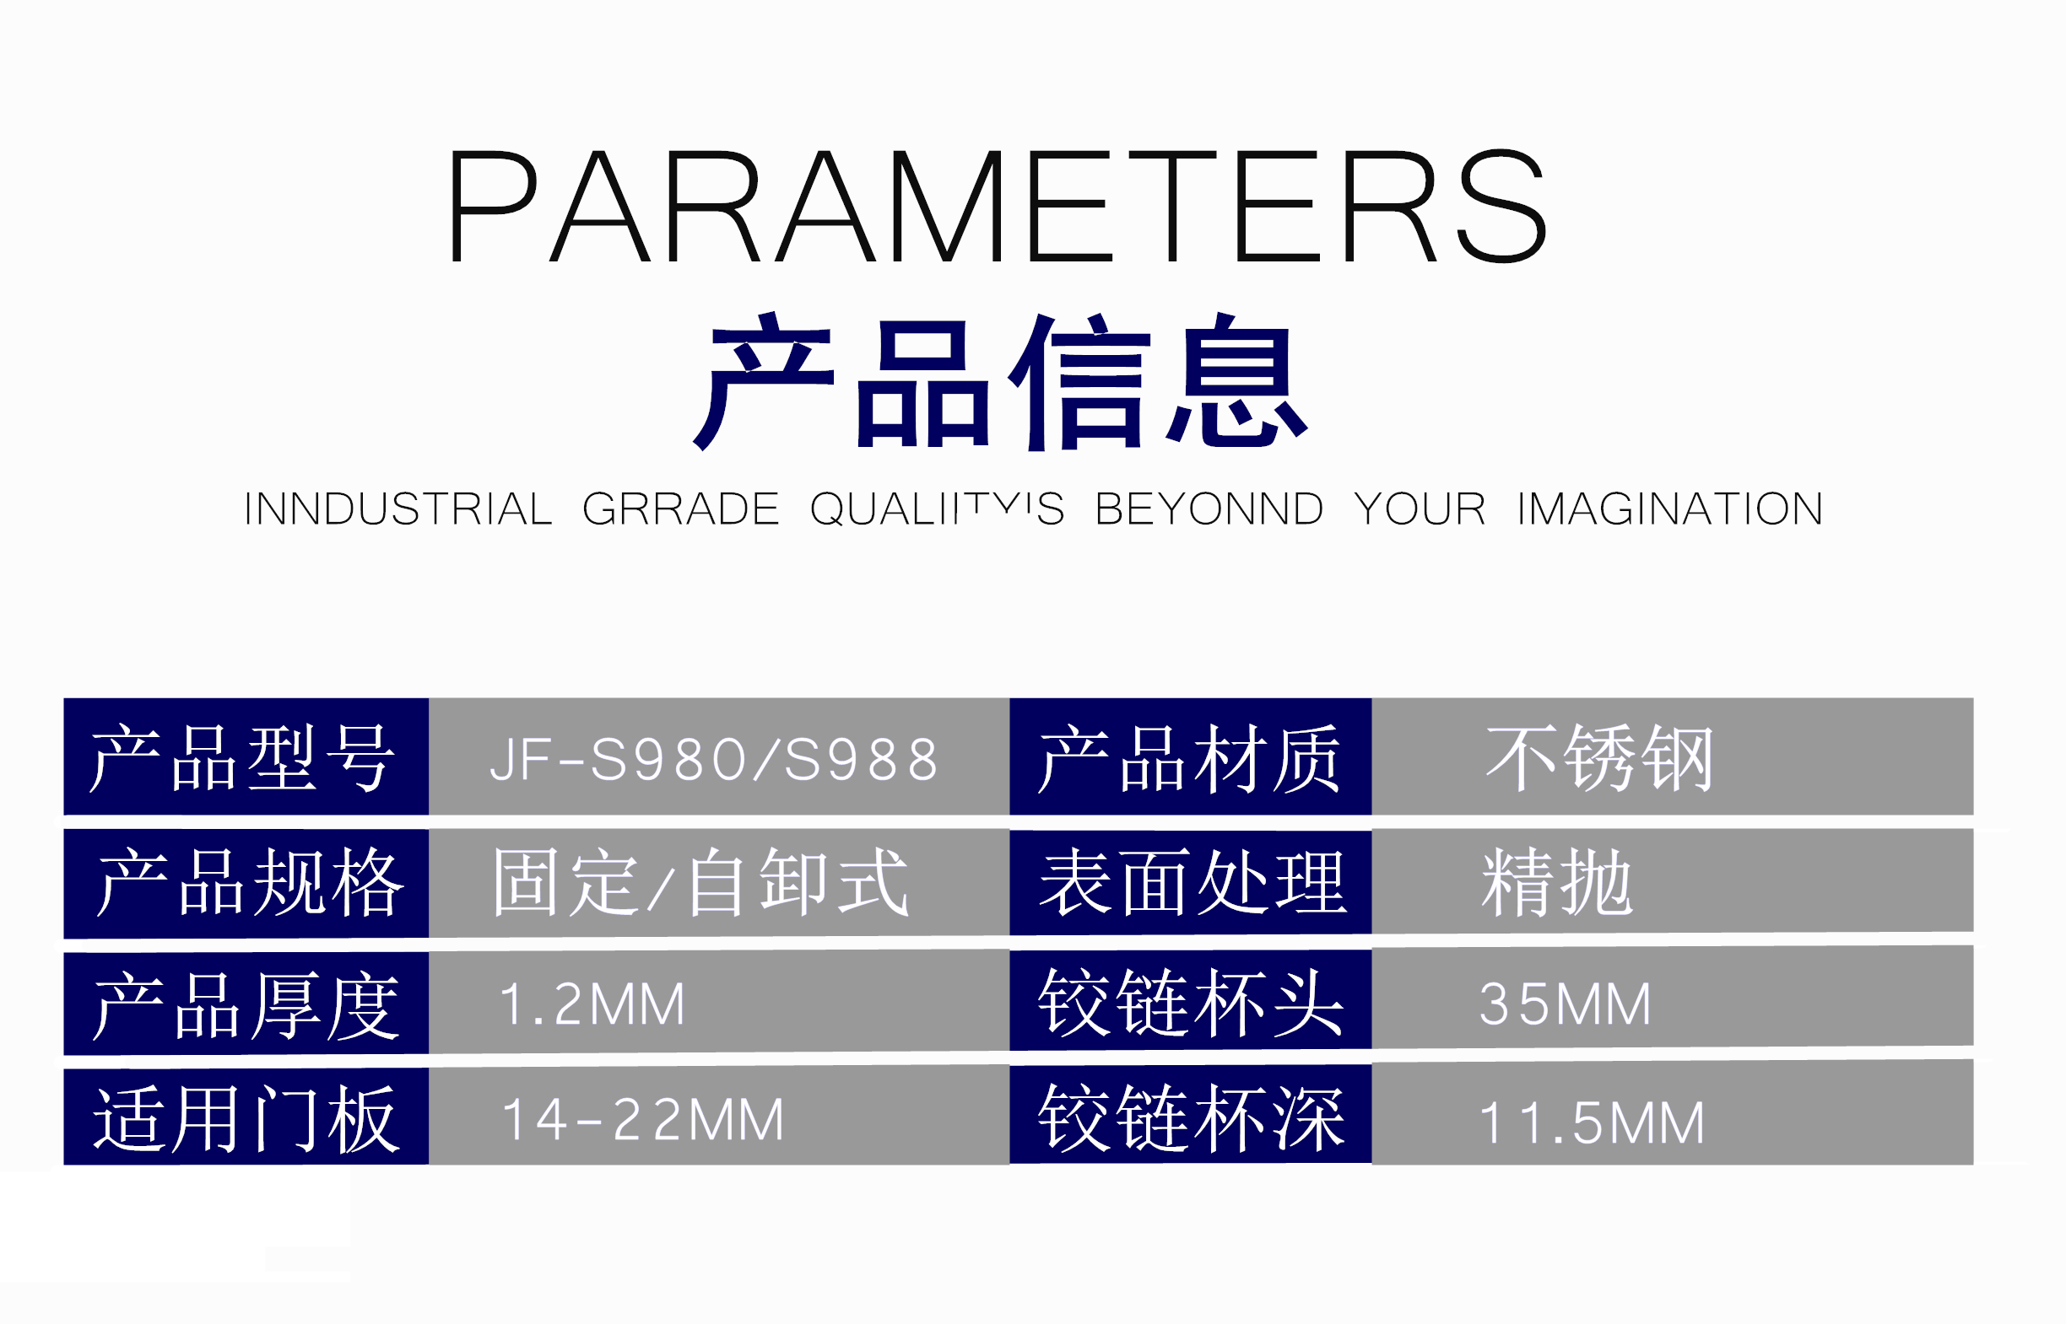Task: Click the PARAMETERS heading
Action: [x=998, y=206]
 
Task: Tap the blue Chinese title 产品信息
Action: [x=999, y=381]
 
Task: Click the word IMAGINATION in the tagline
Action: [x=1669, y=509]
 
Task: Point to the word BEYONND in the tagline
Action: [x=1209, y=509]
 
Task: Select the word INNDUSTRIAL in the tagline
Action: [x=398, y=509]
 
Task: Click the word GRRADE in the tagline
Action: [x=680, y=509]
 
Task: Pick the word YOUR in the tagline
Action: [x=1420, y=509]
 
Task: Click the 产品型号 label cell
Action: [x=246, y=756]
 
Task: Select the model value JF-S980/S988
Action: [x=713, y=760]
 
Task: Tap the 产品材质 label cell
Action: [x=1191, y=756]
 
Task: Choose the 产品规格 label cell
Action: [x=246, y=883]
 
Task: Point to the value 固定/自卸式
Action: [x=700, y=882]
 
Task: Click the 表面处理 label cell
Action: [x=1191, y=882]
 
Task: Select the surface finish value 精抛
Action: [x=1557, y=882]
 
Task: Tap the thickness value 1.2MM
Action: [x=592, y=1004]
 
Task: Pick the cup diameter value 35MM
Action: [x=1566, y=1004]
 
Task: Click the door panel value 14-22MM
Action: [x=643, y=1119]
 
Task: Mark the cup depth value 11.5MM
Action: [x=1591, y=1122]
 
